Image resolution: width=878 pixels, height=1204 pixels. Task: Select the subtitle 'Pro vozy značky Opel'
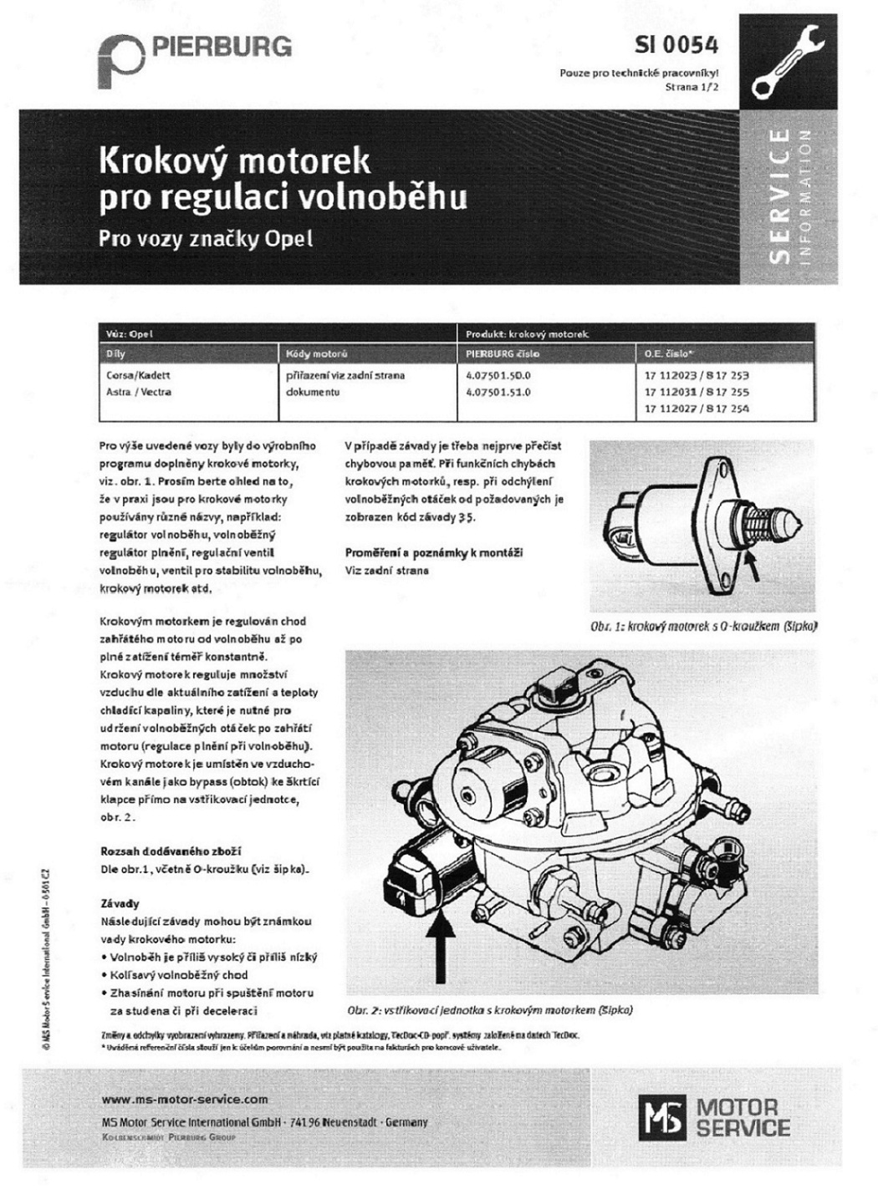click(x=206, y=238)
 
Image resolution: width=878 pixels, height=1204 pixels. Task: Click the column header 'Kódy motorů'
click(x=317, y=354)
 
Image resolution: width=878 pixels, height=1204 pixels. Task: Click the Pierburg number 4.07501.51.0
click(x=498, y=391)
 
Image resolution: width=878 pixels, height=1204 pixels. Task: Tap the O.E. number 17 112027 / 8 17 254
click(x=697, y=409)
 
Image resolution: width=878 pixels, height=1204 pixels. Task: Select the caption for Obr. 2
click(x=490, y=1009)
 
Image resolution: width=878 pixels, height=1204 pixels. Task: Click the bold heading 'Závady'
click(x=120, y=903)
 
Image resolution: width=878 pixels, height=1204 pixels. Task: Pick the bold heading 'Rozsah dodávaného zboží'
click(x=171, y=851)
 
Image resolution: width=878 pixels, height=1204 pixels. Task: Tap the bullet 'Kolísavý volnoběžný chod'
click(x=179, y=975)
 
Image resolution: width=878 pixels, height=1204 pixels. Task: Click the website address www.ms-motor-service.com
click(x=185, y=1100)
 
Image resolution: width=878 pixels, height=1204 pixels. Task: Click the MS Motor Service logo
click(x=715, y=1118)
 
